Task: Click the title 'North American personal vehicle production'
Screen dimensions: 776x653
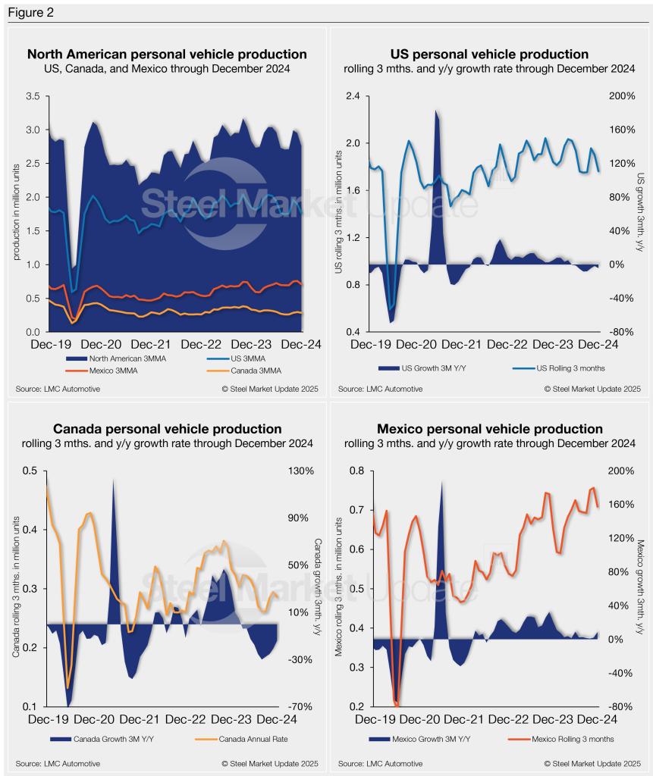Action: pyautogui.click(x=167, y=55)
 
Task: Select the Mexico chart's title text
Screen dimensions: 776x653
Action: pyautogui.click(x=489, y=430)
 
